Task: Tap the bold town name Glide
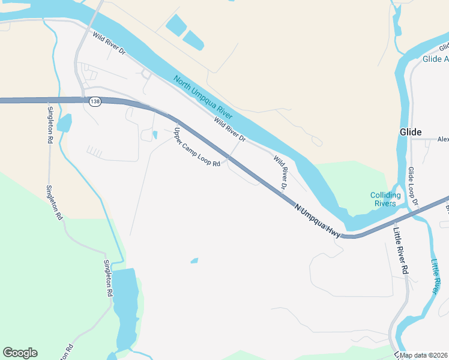tap(411, 132)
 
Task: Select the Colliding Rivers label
tap(385, 199)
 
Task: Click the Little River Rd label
tap(400, 251)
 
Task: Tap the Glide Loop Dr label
tap(413, 186)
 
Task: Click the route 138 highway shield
tap(95, 102)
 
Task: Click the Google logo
tap(20, 353)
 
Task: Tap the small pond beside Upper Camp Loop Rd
tap(155, 134)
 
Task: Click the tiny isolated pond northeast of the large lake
tap(194, 260)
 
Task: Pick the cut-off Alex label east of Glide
tap(442, 139)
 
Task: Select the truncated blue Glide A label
tap(435, 59)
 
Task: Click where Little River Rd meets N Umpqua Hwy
tap(394, 220)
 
